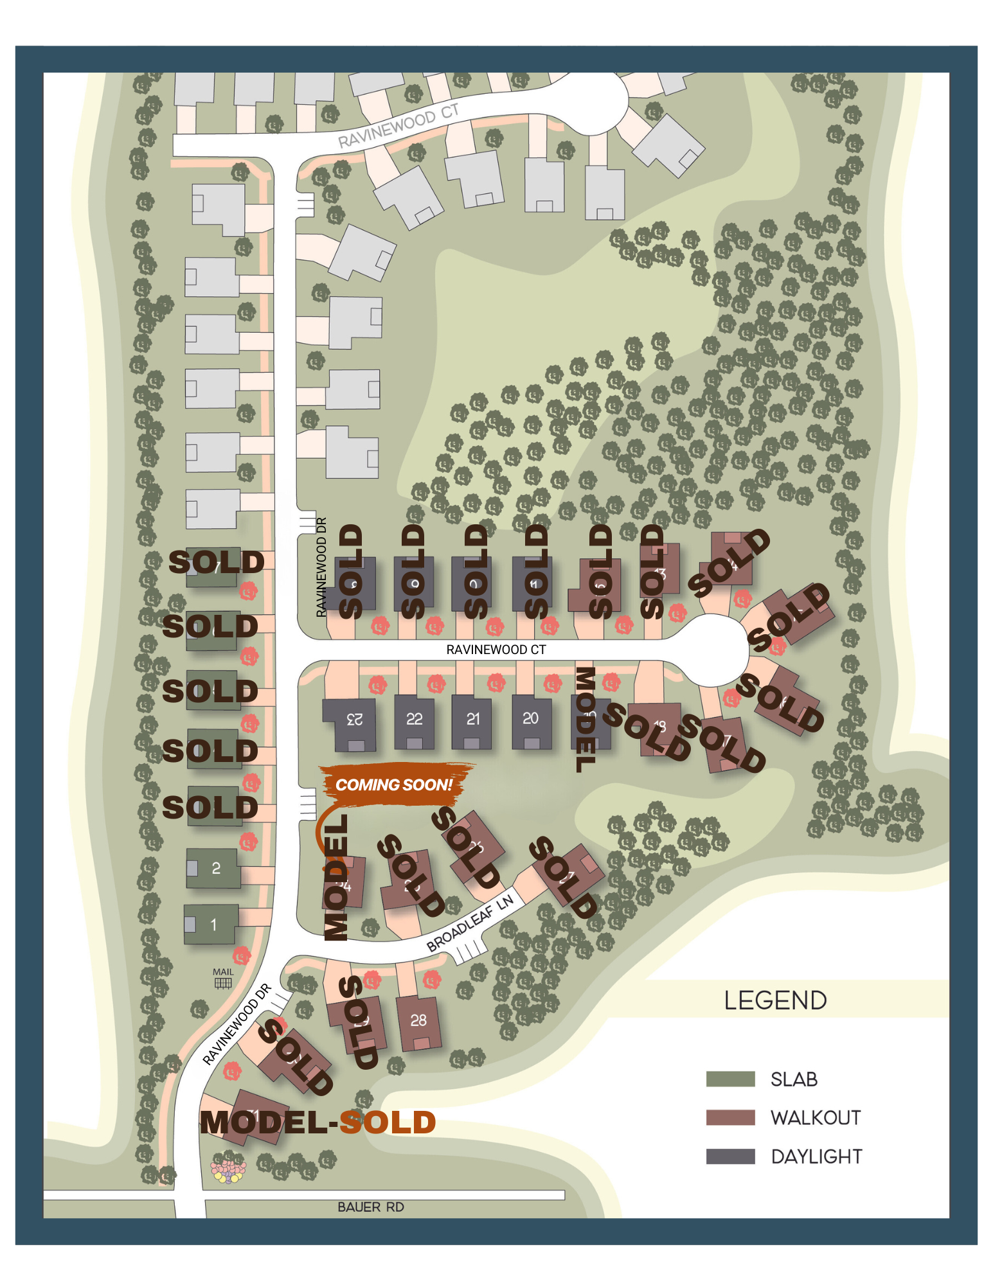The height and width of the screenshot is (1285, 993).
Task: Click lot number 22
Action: (x=415, y=719)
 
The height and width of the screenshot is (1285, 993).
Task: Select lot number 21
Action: (x=473, y=719)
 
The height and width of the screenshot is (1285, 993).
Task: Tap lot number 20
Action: (x=531, y=718)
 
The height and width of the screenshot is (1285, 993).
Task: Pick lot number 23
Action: (x=355, y=720)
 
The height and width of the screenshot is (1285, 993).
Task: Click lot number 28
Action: (x=418, y=1020)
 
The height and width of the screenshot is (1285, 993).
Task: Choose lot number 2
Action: (x=216, y=869)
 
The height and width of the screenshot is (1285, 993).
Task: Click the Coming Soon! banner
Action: (x=394, y=784)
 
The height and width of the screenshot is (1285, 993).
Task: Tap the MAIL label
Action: (x=223, y=972)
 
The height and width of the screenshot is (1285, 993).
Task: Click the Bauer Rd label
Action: (x=371, y=1207)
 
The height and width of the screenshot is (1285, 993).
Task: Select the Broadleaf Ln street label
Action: (x=470, y=923)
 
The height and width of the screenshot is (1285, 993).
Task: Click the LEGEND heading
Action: (x=775, y=1000)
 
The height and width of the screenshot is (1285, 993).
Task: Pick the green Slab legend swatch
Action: (x=730, y=1079)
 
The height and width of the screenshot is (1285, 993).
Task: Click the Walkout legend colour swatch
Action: (x=730, y=1118)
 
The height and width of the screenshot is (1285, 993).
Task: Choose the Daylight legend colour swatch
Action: (x=730, y=1156)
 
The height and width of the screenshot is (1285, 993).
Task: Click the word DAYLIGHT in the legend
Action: (x=816, y=1157)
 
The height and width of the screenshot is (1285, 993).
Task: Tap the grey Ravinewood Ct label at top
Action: (x=398, y=125)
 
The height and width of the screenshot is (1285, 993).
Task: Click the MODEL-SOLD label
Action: (x=318, y=1122)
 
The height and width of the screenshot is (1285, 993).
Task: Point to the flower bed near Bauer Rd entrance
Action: (x=228, y=1171)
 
